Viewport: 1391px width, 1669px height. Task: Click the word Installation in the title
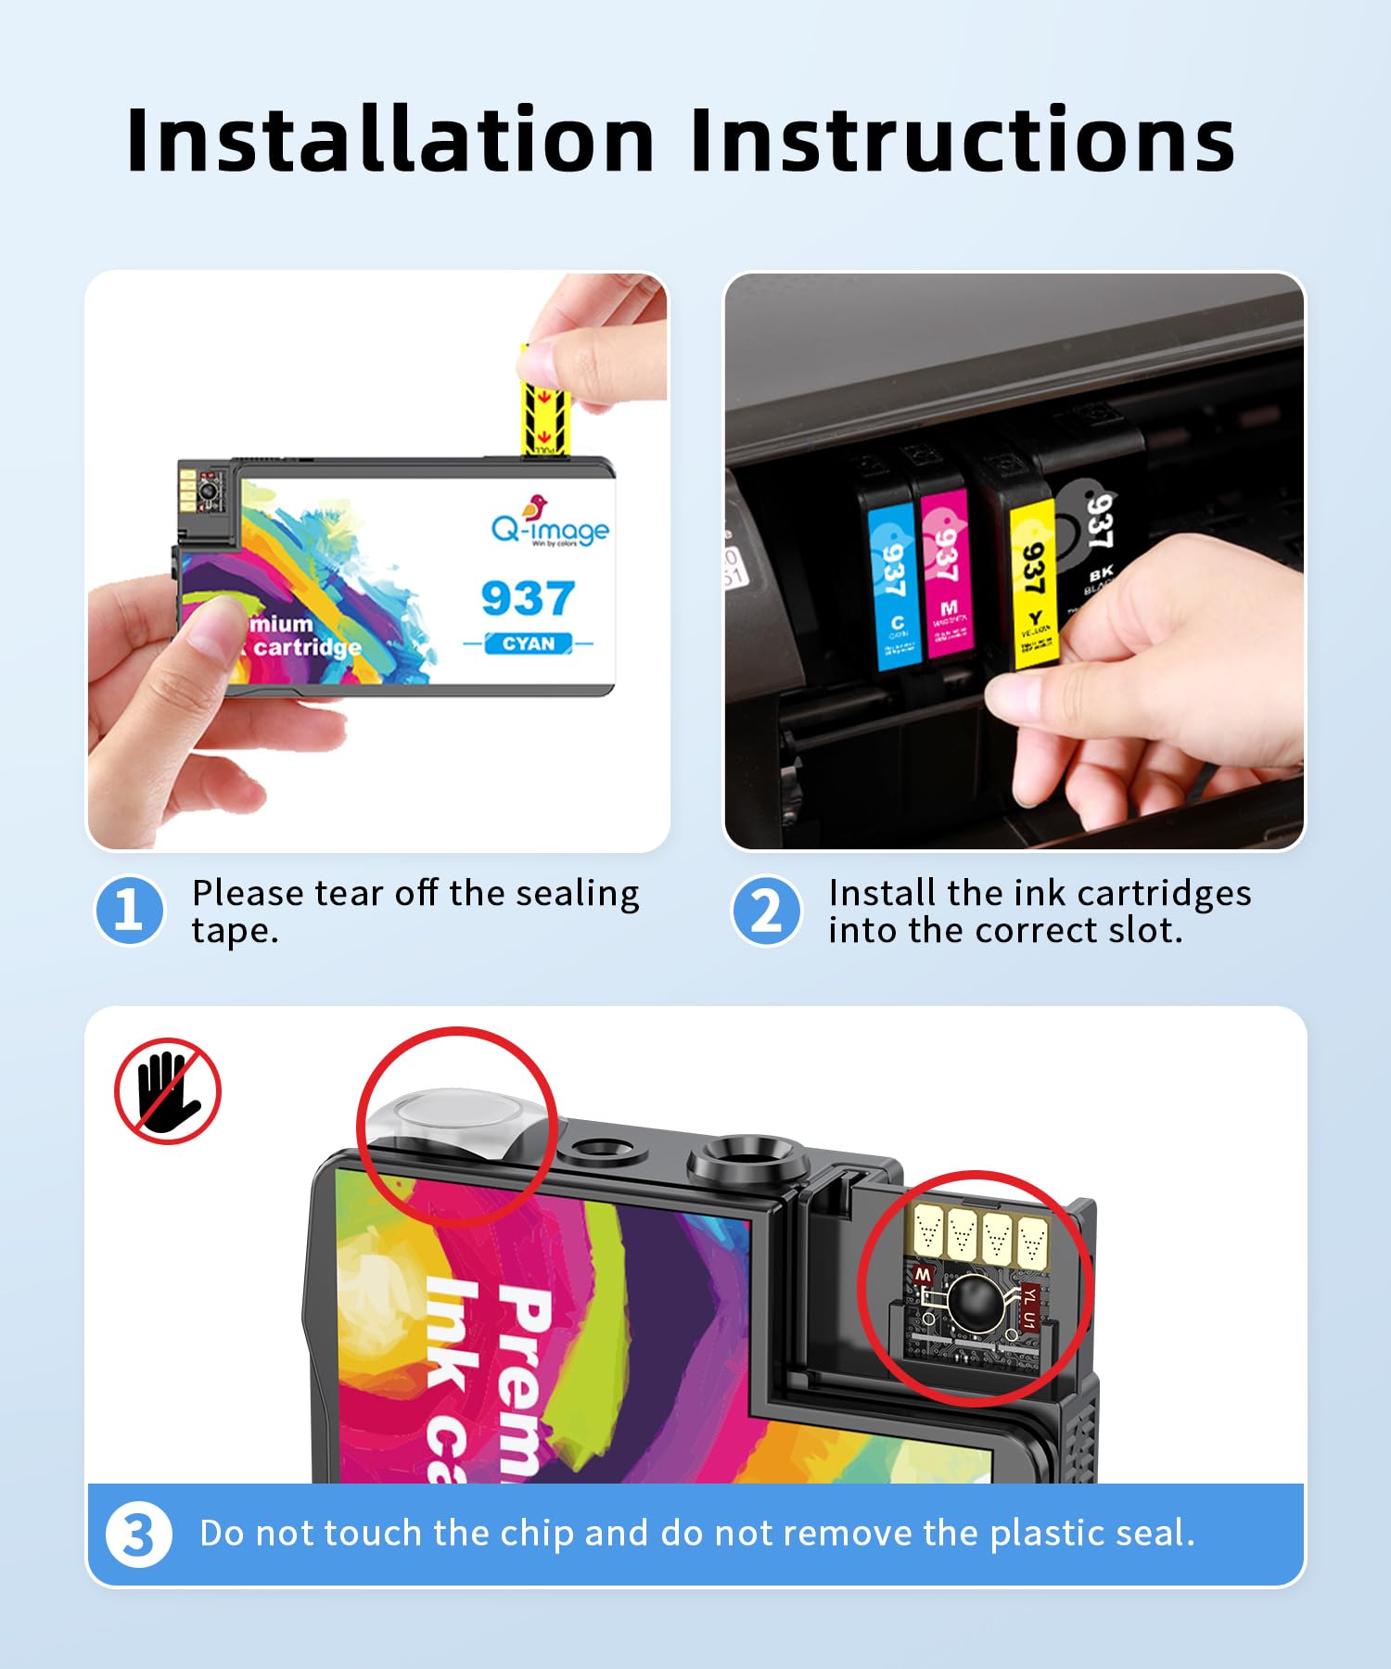[389, 141]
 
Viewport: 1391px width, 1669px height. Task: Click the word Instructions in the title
[962, 141]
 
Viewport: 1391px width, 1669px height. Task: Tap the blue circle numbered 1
[130, 911]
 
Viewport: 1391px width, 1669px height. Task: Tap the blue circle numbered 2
[766, 911]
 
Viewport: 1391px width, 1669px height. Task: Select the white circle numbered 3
[138, 1535]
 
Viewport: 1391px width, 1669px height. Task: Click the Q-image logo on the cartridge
[550, 526]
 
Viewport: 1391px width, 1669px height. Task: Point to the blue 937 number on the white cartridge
[528, 598]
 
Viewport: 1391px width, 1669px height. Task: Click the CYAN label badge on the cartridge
[529, 643]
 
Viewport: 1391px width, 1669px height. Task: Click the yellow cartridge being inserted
[1032, 584]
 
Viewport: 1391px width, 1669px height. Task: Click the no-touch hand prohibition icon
[168, 1091]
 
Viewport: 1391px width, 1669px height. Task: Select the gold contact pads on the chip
[979, 1236]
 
